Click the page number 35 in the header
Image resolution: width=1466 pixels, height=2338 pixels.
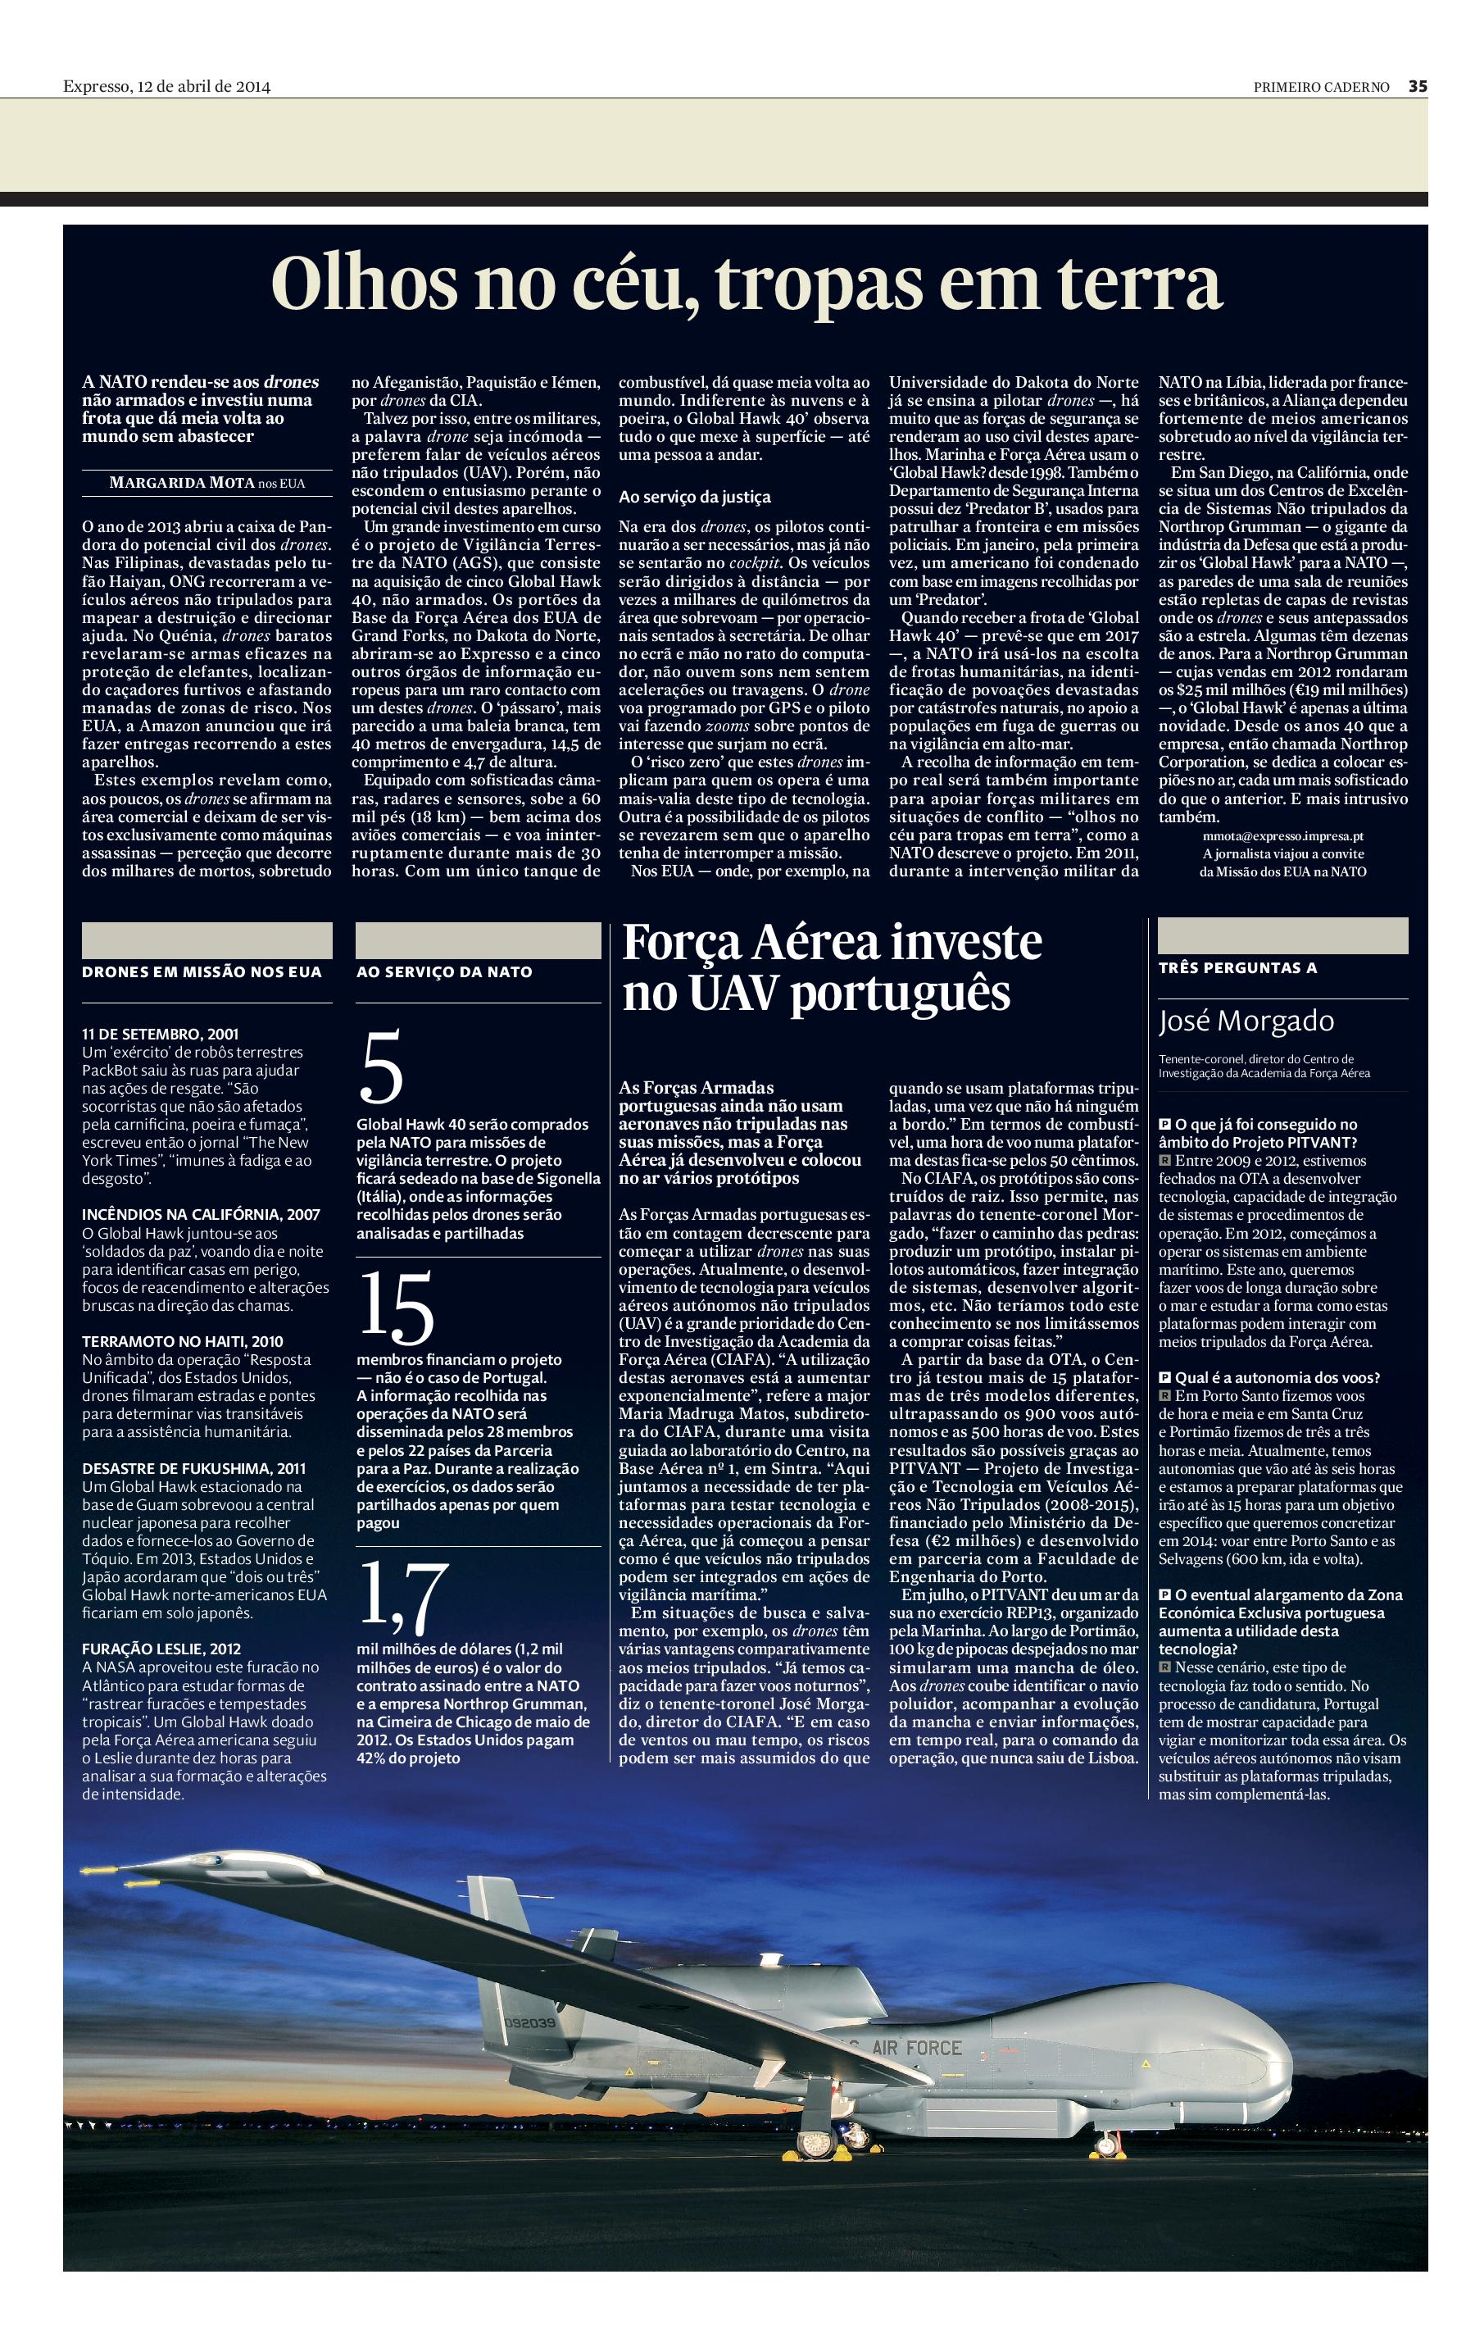(1418, 85)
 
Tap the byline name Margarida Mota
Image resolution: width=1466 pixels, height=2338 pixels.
(182, 483)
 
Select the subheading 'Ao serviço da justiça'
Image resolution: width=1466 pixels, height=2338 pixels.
(694, 497)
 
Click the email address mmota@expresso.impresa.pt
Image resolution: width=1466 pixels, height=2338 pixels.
(1282, 835)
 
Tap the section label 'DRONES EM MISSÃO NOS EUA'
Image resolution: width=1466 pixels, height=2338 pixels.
(202, 971)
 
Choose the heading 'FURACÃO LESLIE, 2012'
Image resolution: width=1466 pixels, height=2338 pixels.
(161, 1649)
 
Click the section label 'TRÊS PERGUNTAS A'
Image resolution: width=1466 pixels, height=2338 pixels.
(1237, 967)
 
